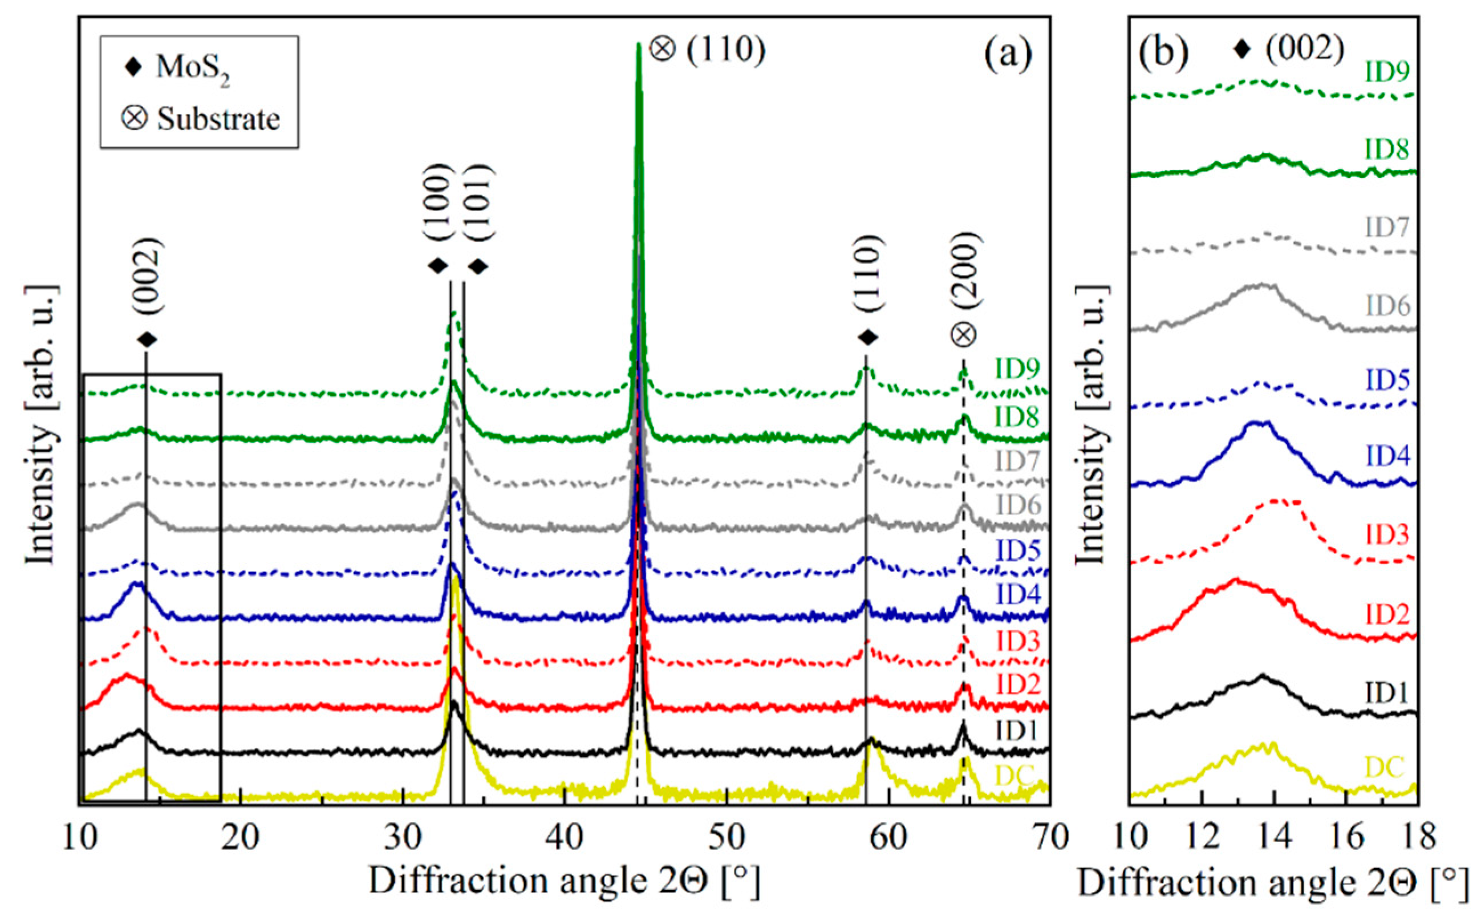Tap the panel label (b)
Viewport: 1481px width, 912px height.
coord(1164,52)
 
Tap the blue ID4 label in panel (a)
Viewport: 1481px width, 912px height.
coord(1018,595)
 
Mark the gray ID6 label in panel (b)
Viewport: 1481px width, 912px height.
coord(1387,306)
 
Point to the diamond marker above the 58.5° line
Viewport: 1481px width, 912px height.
coord(868,338)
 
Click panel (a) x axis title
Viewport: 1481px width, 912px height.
coord(564,882)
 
